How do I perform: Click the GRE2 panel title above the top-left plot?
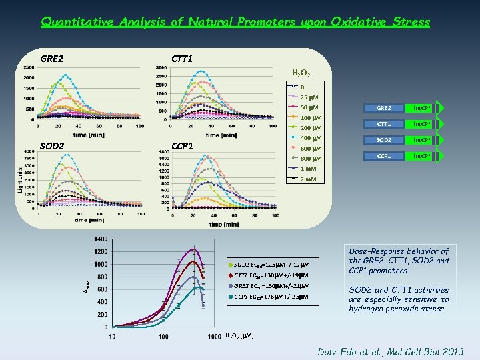tap(52, 59)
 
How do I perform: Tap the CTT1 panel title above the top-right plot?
tap(182, 59)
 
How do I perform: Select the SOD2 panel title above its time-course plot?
tap(52, 145)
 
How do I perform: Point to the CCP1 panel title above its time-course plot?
tap(182, 145)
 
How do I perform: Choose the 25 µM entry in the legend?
tap(309, 97)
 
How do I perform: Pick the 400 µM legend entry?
tap(310, 138)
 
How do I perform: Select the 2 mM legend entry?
tap(308, 179)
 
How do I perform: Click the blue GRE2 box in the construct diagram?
tap(384, 108)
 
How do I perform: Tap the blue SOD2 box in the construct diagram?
tap(384, 140)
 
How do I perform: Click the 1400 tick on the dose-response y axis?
tap(100, 239)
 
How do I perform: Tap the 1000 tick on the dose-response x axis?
tap(215, 336)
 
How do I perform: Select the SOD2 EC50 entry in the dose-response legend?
tap(271, 265)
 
